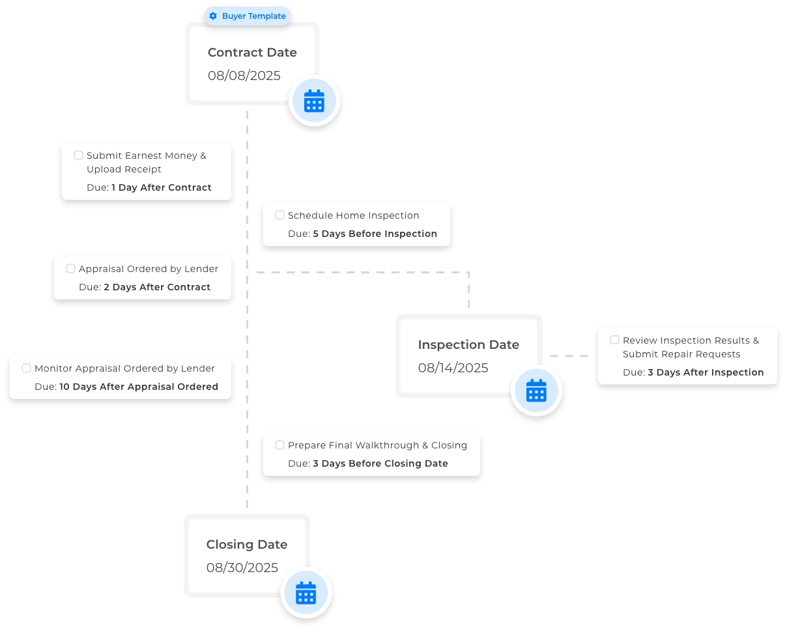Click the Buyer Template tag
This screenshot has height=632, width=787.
pos(248,16)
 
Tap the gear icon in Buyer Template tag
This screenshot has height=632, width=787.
pos(213,16)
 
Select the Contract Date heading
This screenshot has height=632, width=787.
pos(252,53)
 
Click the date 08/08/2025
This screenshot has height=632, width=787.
pos(244,76)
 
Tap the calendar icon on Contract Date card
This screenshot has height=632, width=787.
pos(314,101)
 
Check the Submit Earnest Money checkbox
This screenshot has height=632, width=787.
pos(78,156)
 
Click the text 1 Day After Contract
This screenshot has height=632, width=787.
pos(161,187)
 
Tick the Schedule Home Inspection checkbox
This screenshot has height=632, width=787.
pos(279,215)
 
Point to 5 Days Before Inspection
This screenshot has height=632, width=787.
pos(375,234)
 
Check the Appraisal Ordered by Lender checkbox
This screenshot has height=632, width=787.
pos(70,269)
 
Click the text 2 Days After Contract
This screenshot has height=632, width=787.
pos(157,287)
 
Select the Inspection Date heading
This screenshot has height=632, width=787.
pos(468,345)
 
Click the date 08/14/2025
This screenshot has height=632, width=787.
pos(453,368)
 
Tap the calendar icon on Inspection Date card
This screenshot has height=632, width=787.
pos(536,390)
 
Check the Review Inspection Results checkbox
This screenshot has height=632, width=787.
pos(614,340)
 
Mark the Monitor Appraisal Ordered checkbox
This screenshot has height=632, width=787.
pos(26,368)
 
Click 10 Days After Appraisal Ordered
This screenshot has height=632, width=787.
pos(139,387)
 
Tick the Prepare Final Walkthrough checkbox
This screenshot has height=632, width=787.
pos(279,445)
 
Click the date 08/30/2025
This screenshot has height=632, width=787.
pos(242,568)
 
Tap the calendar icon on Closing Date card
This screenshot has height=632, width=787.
pos(306,593)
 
